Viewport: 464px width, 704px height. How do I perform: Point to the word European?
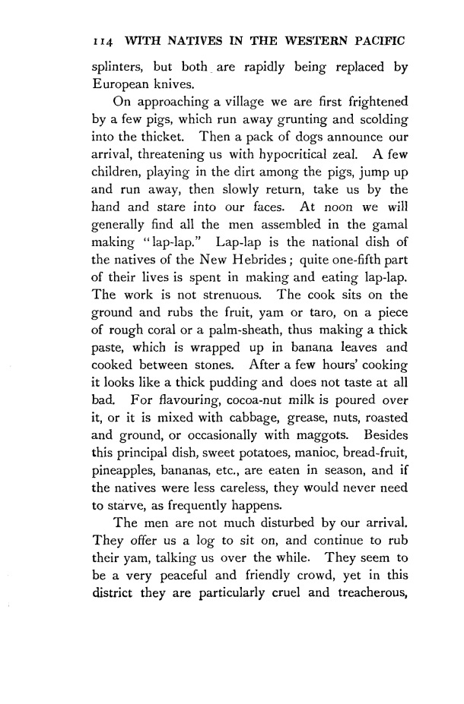click(x=117, y=86)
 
